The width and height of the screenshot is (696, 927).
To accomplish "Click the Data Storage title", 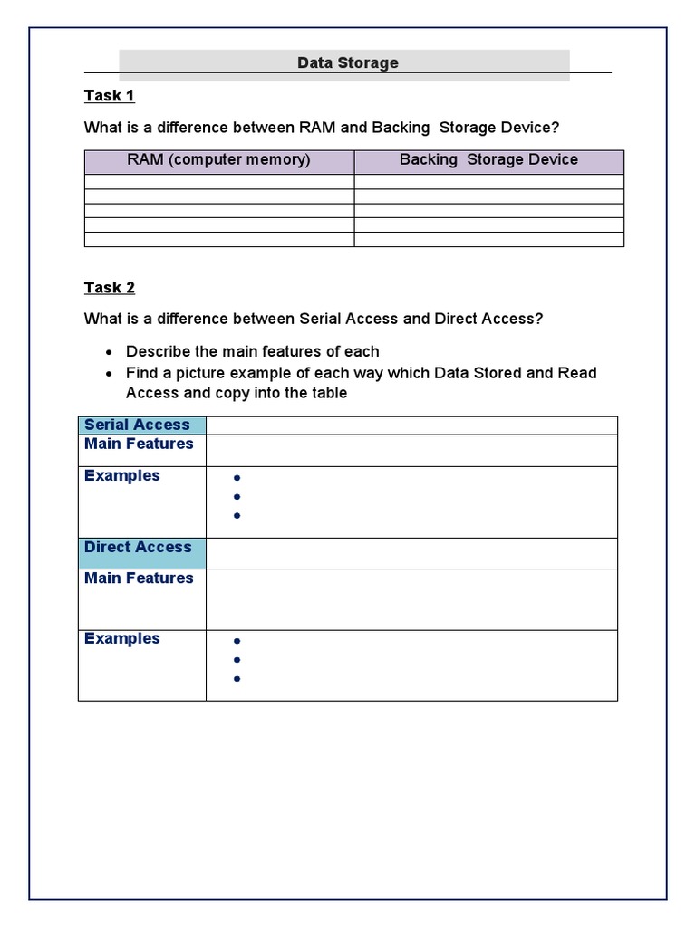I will click(x=348, y=62).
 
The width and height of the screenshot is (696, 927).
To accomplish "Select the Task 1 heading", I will click(x=109, y=95).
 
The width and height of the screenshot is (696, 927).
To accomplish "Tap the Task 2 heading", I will click(x=109, y=287).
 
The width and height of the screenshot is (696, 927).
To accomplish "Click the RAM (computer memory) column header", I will click(x=218, y=160).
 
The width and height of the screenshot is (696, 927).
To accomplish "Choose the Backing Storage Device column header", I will click(x=488, y=160).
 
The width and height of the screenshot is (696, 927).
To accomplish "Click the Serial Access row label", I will click(x=137, y=425).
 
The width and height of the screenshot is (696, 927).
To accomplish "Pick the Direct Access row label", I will click(x=138, y=547).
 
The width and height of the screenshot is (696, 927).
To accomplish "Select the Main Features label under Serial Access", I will click(x=139, y=444).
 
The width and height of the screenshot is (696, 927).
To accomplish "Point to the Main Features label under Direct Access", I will click(x=139, y=578).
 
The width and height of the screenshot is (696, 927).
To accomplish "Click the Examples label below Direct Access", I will click(x=121, y=638).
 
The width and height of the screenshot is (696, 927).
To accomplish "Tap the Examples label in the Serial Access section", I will click(x=121, y=475).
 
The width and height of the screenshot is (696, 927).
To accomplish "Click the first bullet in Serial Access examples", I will click(x=237, y=478).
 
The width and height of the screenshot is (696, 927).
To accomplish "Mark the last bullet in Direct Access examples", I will click(x=237, y=679).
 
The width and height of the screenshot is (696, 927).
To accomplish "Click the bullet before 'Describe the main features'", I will click(x=110, y=352).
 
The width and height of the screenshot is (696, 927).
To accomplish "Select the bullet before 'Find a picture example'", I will click(x=110, y=374).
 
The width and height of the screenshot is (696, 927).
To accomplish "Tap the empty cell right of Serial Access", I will click(x=411, y=425).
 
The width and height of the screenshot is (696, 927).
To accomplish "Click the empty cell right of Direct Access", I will click(x=411, y=553).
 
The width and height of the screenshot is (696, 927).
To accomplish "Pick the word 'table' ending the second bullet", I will click(x=327, y=393).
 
